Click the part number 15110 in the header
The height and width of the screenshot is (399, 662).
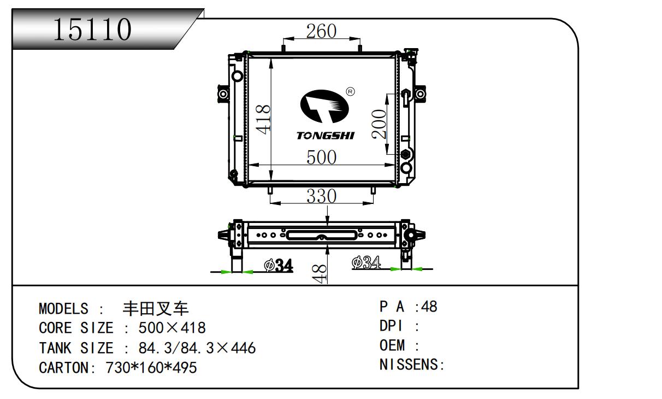(x=92, y=30)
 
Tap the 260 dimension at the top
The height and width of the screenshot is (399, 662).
(x=321, y=31)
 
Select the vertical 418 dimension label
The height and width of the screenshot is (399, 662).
(x=263, y=119)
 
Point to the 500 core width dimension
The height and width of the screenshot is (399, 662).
(x=322, y=157)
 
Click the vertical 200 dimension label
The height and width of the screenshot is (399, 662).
(x=379, y=124)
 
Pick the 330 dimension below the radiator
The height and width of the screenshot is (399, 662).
(x=322, y=196)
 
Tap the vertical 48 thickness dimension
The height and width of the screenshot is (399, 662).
(x=319, y=274)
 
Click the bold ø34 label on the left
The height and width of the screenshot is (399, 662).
(x=279, y=265)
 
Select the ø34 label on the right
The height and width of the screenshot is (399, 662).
(x=366, y=262)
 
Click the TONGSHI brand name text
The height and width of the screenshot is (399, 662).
(x=326, y=136)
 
